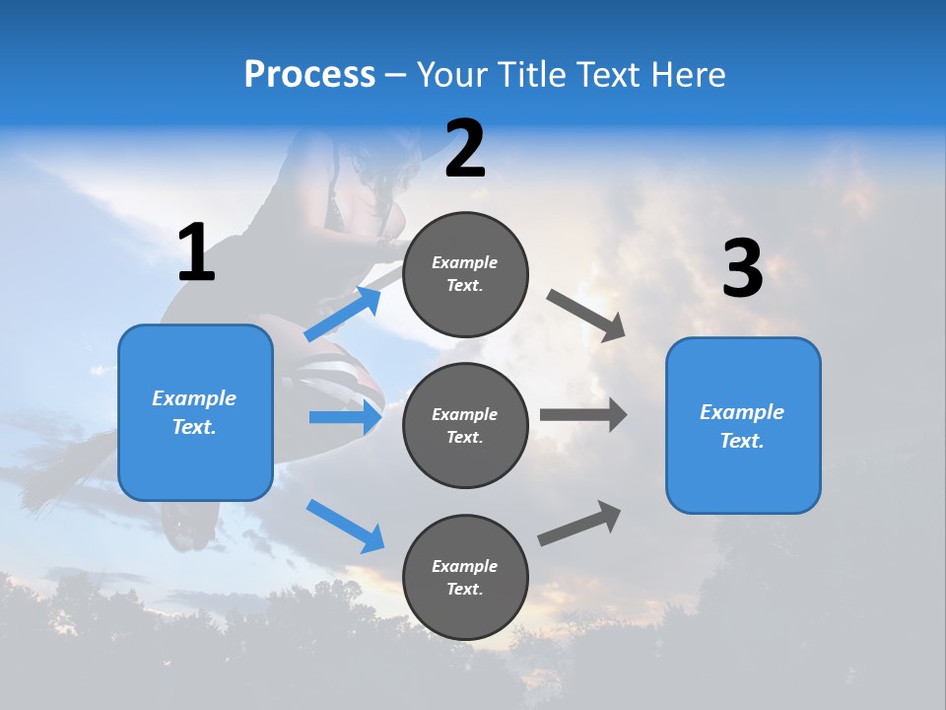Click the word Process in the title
(309, 75)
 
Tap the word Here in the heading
(688, 75)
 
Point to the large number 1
(196, 253)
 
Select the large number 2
(465, 150)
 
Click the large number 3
(742, 269)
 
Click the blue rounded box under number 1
(195, 412)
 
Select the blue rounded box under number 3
(743, 425)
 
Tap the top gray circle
(465, 274)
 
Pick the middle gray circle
(465, 425)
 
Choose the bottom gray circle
(465, 577)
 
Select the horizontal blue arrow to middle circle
(345, 417)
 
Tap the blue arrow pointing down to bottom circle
(345, 525)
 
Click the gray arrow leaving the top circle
(585, 315)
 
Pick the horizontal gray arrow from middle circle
(582, 414)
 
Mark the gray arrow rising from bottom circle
(580, 524)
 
